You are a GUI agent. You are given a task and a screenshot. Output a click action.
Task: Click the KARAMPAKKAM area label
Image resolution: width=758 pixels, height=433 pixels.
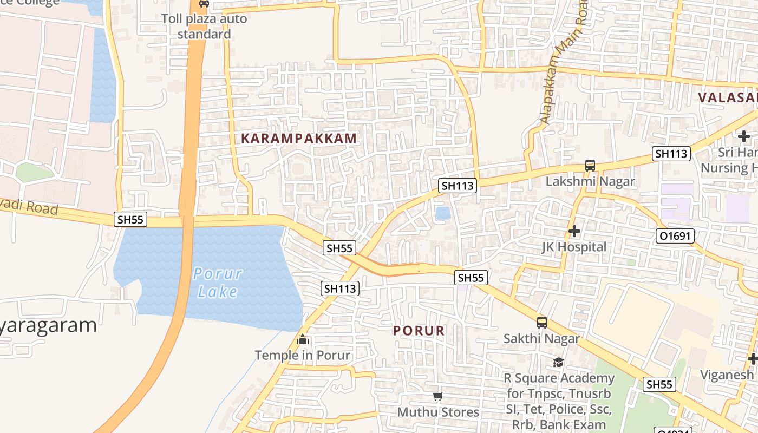click(x=299, y=138)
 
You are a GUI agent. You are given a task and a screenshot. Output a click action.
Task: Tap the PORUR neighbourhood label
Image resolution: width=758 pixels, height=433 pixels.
click(x=419, y=331)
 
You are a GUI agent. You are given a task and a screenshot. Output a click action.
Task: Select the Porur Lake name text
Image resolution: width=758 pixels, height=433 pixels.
click(x=217, y=283)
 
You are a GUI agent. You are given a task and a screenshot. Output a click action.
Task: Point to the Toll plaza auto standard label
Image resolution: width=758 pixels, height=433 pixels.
click(x=204, y=27)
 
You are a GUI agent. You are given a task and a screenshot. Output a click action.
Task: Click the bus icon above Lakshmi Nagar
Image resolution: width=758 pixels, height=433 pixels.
click(x=590, y=166)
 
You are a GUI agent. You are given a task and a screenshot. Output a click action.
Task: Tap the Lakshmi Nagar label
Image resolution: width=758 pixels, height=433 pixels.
click(x=590, y=181)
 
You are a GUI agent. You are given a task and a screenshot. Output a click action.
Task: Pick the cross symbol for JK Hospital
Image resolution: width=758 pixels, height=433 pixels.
click(x=574, y=232)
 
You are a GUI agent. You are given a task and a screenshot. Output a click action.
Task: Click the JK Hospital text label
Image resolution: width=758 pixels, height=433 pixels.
click(x=574, y=247)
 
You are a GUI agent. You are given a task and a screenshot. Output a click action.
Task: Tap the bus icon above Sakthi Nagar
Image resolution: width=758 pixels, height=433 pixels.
click(x=542, y=323)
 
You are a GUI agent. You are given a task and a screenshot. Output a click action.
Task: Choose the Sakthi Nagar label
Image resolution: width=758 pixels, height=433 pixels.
click(x=542, y=339)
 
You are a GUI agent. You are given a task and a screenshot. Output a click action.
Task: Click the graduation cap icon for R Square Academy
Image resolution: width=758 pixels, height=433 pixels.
click(x=559, y=362)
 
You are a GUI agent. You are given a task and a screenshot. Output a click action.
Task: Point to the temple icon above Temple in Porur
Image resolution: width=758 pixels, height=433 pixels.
click(x=303, y=340)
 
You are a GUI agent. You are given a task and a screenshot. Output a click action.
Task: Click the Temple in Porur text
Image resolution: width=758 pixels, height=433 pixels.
click(x=303, y=356)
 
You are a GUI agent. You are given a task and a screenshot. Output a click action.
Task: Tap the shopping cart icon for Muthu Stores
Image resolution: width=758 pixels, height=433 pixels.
click(x=438, y=397)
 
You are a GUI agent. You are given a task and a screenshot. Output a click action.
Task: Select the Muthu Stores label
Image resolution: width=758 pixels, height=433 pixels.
click(x=438, y=412)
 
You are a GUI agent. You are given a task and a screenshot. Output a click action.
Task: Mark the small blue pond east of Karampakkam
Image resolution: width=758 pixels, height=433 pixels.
click(x=443, y=213)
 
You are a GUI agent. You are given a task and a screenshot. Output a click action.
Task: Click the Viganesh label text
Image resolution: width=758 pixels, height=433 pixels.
click(x=727, y=375)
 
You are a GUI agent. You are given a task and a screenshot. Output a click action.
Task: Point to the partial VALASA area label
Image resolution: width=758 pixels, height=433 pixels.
click(x=727, y=97)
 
